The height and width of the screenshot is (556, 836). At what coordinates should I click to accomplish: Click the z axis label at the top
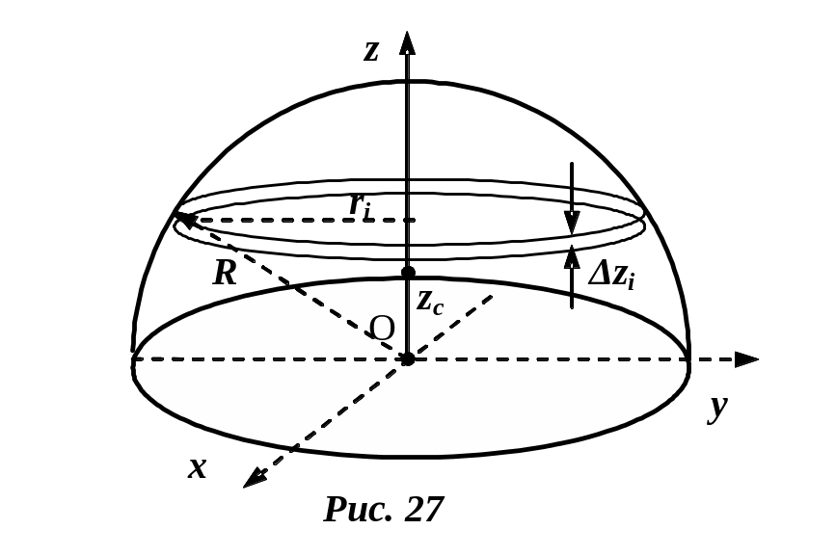tap(371, 51)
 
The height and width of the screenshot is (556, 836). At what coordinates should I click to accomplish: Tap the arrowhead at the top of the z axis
tap(408, 43)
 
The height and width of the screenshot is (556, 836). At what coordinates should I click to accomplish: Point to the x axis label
tap(198, 467)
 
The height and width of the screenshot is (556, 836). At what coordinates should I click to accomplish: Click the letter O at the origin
tap(382, 329)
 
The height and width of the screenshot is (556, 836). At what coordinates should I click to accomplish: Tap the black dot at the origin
tap(408, 359)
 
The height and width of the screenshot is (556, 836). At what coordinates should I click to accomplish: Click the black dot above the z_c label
tap(408, 273)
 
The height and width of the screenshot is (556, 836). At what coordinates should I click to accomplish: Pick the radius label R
tap(225, 273)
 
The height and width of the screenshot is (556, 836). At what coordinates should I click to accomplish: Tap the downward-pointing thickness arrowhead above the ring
tap(572, 224)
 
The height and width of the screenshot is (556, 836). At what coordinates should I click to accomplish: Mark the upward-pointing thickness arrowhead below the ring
tap(572, 254)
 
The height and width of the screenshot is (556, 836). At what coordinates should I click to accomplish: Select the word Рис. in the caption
tap(357, 508)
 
